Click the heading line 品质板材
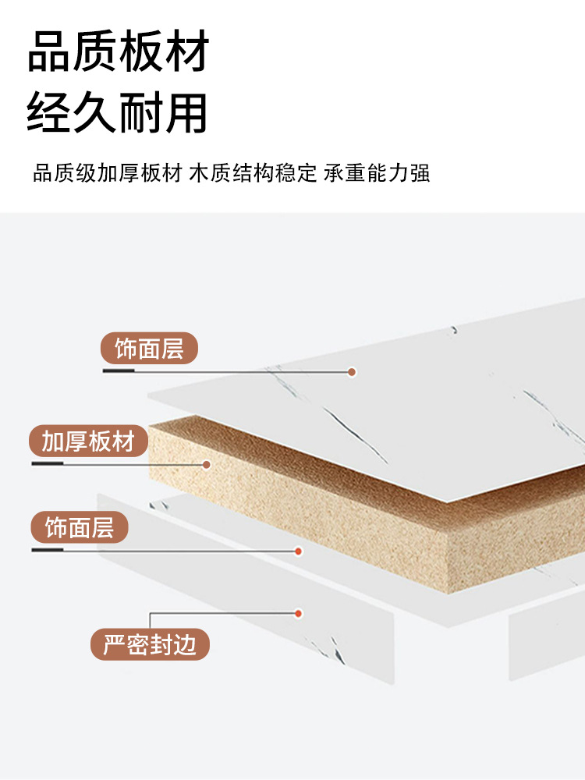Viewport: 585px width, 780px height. pyautogui.click(x=119, y=52)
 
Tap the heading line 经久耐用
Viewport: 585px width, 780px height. pyautogui.click(x=119, y=112)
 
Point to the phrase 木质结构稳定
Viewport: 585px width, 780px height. pyautogui.click(x=253, y=172)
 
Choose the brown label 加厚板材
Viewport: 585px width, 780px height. pyautogui.click(x=88, y=441)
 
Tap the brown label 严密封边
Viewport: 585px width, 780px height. pyautogui.click(x=150, y=644)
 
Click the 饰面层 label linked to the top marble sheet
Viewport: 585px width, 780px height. pyautogui.click(x=149, y=349)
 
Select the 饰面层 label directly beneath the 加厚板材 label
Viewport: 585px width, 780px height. pyautogui.click(x=79, y=528)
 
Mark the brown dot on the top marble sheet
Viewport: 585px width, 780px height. pyautogui.click(x=352, y=372)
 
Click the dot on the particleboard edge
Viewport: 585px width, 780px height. pyautogui.click(x=207, y=464)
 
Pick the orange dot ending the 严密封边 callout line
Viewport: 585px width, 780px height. pyautogui.click(x=298, y=613)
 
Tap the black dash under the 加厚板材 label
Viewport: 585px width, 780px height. pyautogui.click(x=48, y=464)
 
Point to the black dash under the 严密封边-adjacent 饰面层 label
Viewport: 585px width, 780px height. pyautogui.click(x=48, y=550)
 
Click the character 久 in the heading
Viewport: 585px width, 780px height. pyautogui.click(x=95, y=112)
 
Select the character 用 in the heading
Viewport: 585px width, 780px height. pyautogui.click(x=186, y=112)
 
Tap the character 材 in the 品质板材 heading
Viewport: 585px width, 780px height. pyautogui.click(x=186, y=52)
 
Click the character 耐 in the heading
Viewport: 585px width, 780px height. pyautogui.click(x=140, y=112)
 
